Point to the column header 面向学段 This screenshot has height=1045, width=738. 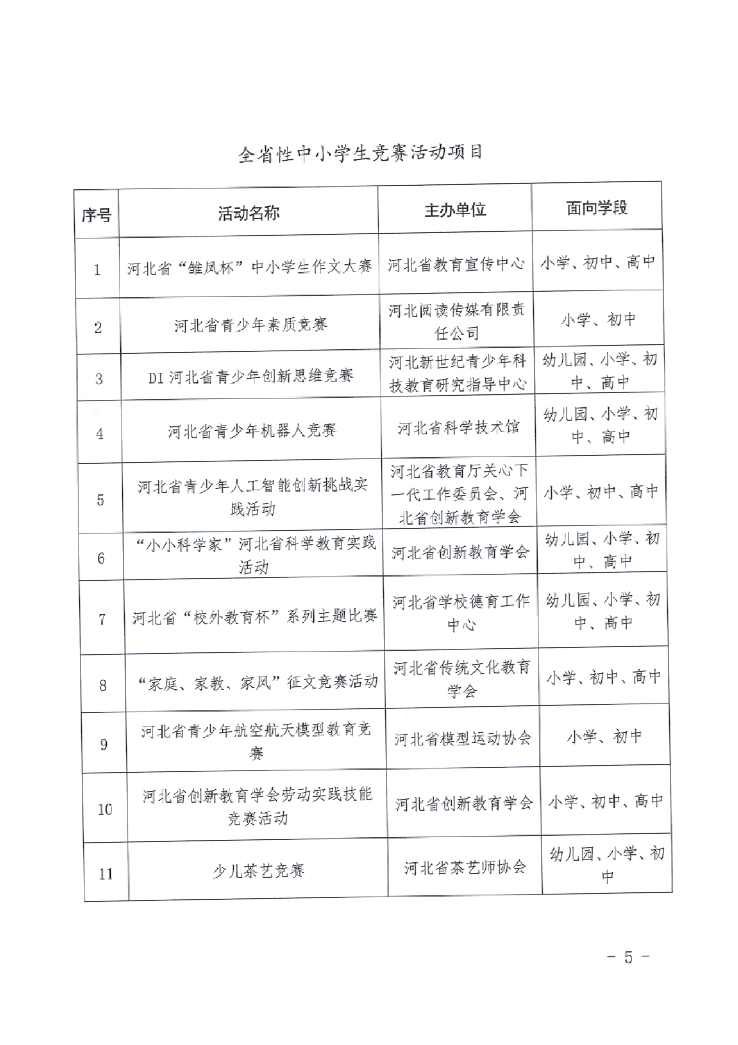[x=597, y=208]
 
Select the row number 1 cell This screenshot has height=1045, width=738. [x=97, y=270]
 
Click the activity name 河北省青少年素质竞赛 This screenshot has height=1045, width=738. [x=250, y=325]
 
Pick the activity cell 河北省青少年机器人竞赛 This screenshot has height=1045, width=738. [x=252, y=430]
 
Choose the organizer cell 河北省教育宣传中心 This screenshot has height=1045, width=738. [x=456, y=264]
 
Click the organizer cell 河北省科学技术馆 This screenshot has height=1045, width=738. [x=459, y=427]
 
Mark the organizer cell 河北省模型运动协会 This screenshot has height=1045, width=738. [x=463, y=738]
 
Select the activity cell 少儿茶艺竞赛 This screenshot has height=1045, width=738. [x=258, y=871]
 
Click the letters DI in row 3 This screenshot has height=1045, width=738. [x=156, y=378]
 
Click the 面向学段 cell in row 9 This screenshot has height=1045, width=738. [x=605, y=736]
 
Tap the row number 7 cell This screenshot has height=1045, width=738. [x=102, y=619]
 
